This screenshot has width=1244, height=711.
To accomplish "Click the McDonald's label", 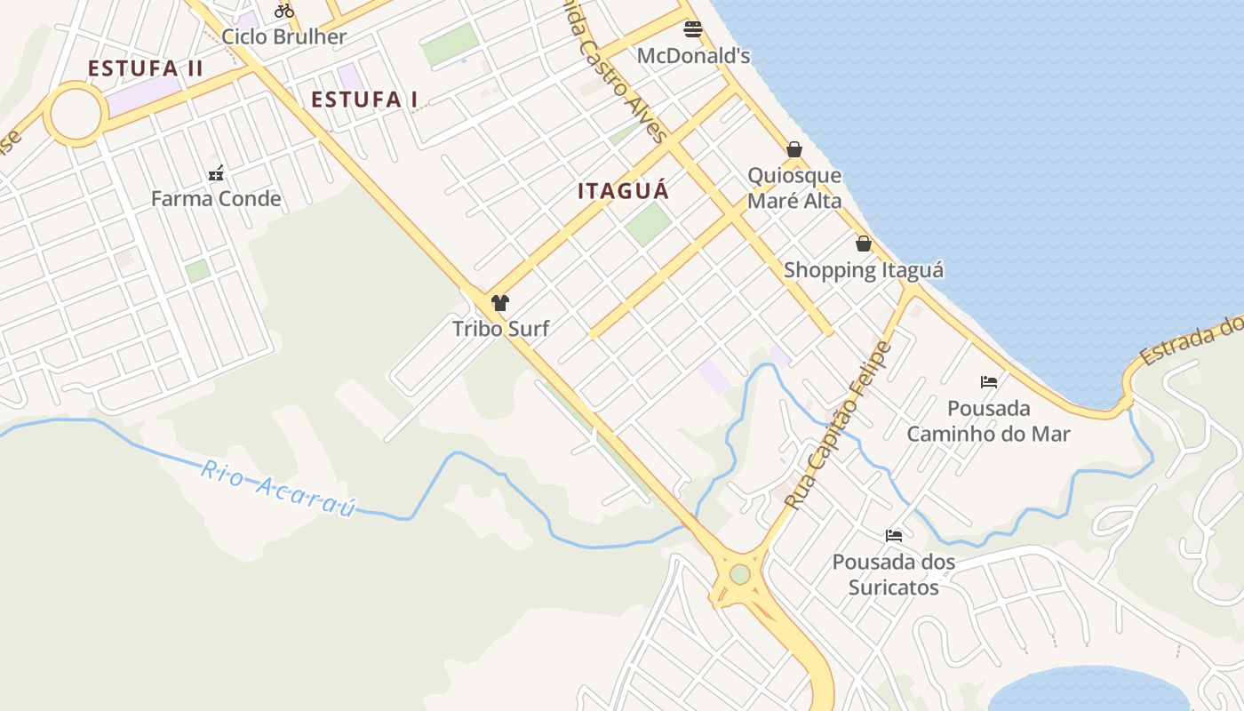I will (x=693, y=56).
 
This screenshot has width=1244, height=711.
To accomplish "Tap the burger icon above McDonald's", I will (x=693, y=29).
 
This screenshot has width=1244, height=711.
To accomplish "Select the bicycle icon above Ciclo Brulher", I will (x=284, y=11).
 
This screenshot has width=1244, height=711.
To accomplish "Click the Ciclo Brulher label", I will (x=283, y=36).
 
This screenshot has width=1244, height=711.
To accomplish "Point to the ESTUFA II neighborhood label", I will (x=146, y=68).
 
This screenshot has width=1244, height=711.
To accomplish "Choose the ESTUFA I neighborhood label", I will (x=364, y=100).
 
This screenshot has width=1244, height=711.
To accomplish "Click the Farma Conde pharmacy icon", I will (x=216, y=173).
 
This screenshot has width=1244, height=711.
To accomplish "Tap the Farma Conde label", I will (x=216, y=198).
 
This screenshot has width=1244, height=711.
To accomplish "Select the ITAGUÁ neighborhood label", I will (x=623, y=191).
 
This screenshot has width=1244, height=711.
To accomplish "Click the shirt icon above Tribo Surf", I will (x=500, y=303).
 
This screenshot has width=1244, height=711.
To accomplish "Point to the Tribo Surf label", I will (x=500, y=329).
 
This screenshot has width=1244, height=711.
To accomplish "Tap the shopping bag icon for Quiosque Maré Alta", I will (x=794, y=149).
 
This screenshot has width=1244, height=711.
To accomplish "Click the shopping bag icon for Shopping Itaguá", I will (x=863, y=244).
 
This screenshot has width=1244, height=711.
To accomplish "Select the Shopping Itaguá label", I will (x=863, y=270).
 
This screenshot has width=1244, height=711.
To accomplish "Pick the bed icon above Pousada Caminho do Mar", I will (x=988, y=382).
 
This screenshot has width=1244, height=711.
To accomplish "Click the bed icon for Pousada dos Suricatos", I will (x=894, y=535).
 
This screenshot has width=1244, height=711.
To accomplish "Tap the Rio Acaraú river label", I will (x=278, y=488).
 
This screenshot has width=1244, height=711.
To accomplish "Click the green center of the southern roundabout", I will (x=740, y=575).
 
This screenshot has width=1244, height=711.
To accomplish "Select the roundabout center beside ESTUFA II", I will (x=76, y=114).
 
